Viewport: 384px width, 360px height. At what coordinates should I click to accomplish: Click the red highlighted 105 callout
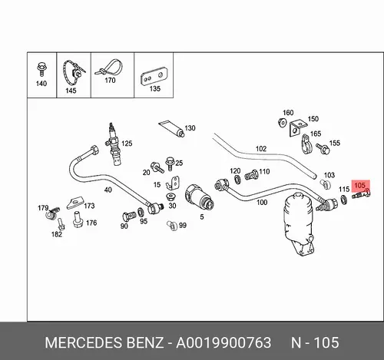[361, 186]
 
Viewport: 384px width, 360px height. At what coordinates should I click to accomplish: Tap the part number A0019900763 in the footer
[223, 342]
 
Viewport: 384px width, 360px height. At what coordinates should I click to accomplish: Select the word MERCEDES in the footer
[84, 342]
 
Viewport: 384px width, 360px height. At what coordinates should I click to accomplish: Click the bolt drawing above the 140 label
[41, 69]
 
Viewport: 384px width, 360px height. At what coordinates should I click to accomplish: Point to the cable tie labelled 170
[109, 68]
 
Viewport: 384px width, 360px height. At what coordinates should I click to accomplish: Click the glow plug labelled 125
[113, 145]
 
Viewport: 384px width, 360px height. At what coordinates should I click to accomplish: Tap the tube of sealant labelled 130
[172, 129]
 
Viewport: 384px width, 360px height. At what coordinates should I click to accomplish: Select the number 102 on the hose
[261, 149]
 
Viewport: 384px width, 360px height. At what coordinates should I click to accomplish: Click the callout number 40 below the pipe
[108, 190]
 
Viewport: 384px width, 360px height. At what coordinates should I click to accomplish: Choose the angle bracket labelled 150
[298, 128]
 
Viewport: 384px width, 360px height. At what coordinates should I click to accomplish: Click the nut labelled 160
[282, 123]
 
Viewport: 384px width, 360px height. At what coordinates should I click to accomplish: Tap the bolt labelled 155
[323, 148]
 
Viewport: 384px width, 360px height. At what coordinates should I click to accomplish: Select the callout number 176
[91, 223]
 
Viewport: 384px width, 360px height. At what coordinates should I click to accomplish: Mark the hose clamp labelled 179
[52, 213]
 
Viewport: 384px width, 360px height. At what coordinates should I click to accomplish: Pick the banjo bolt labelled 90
[129, 216]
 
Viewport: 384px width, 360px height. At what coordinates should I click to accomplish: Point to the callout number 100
[262, 203]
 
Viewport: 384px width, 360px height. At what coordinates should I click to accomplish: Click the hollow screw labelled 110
[251, 175]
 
